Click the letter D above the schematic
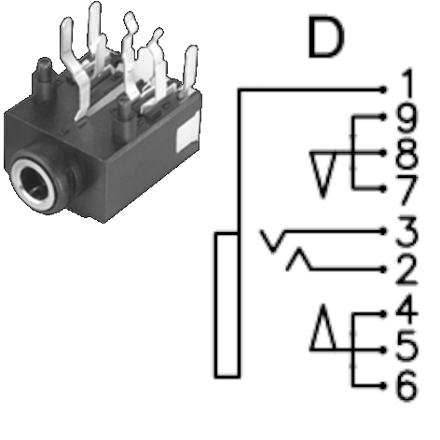click(x=326, y=37)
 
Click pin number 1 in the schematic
click(x=407, y=83)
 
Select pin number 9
click(x=406, y=119)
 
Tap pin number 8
click(x=406, y=155)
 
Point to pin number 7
click(x=406, y=190)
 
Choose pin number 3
click(x=406, y=231)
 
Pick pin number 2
click(x=406, y=269)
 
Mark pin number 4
click(x=406, y=309)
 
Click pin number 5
click(x=406, y=347)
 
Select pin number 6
click(x=406, y=385)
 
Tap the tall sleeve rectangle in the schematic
click(x=227, y=305)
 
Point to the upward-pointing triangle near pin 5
click(x=323, y=327)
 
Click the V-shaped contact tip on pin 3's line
click(x=273, y=241)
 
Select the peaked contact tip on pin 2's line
click(x=299, y=258)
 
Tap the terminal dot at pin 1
click(x=384, y=90)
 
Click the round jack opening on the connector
click(x=34, y=180)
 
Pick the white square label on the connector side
click(x=188, y=132)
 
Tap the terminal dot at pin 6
click(x=384, y=386)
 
